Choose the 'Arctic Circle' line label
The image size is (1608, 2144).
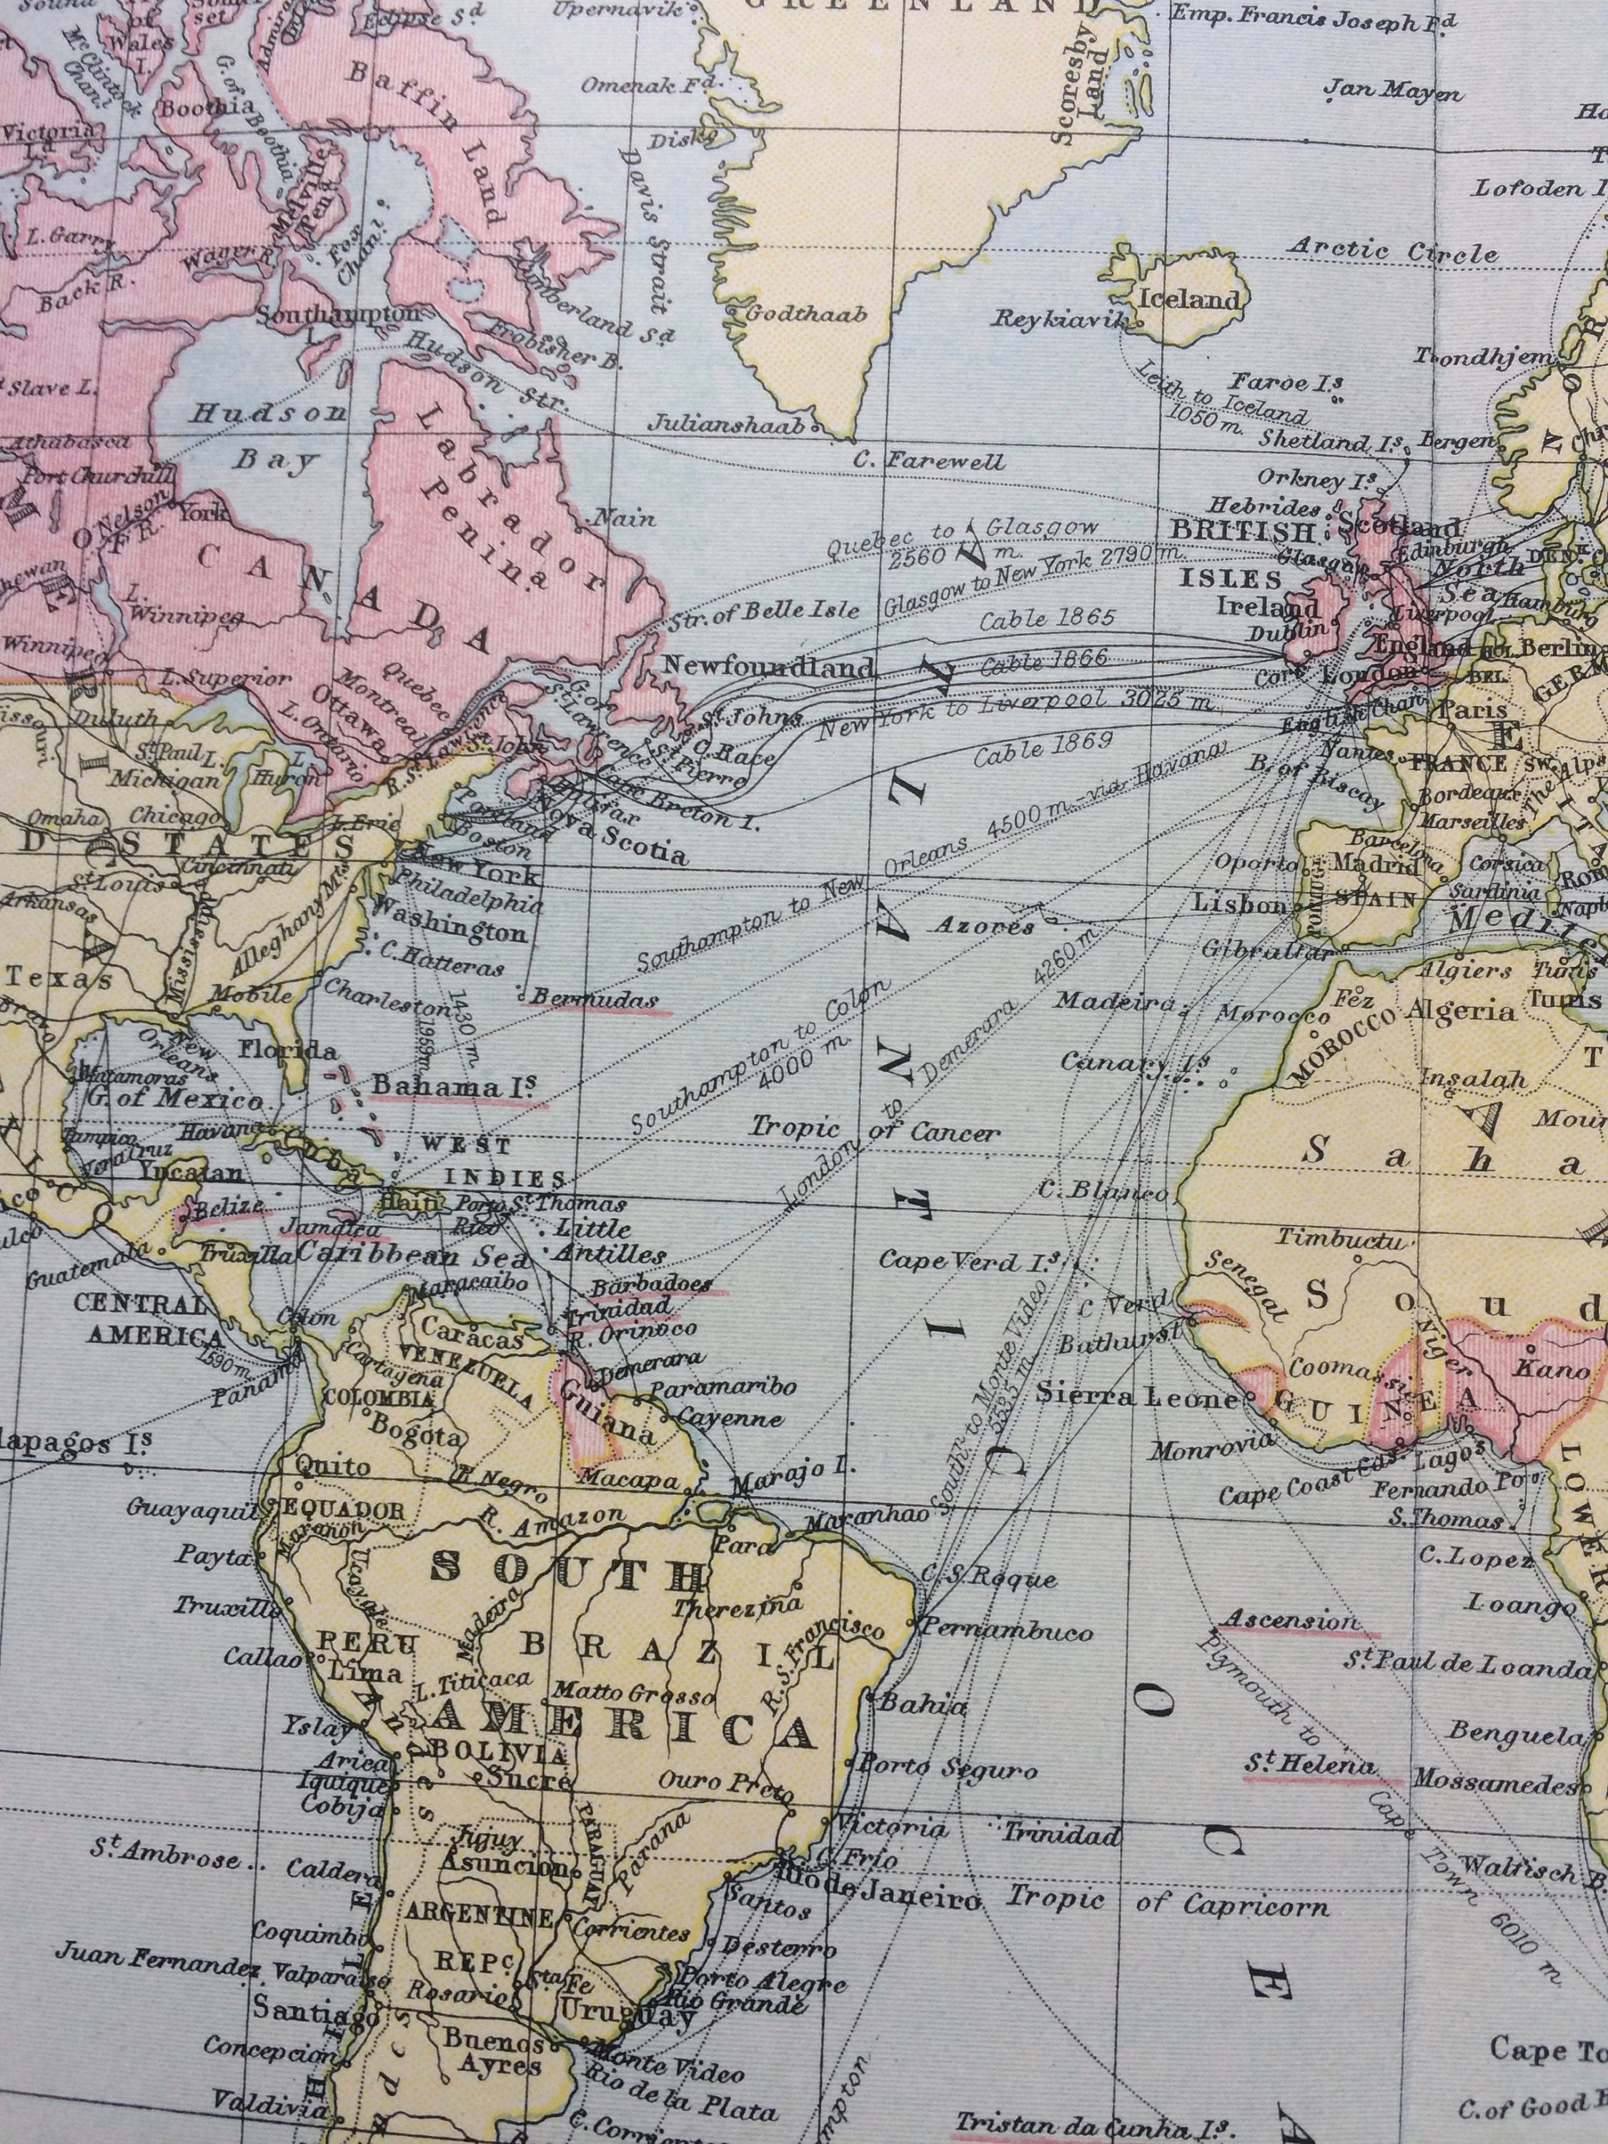(x=1392, y=251)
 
